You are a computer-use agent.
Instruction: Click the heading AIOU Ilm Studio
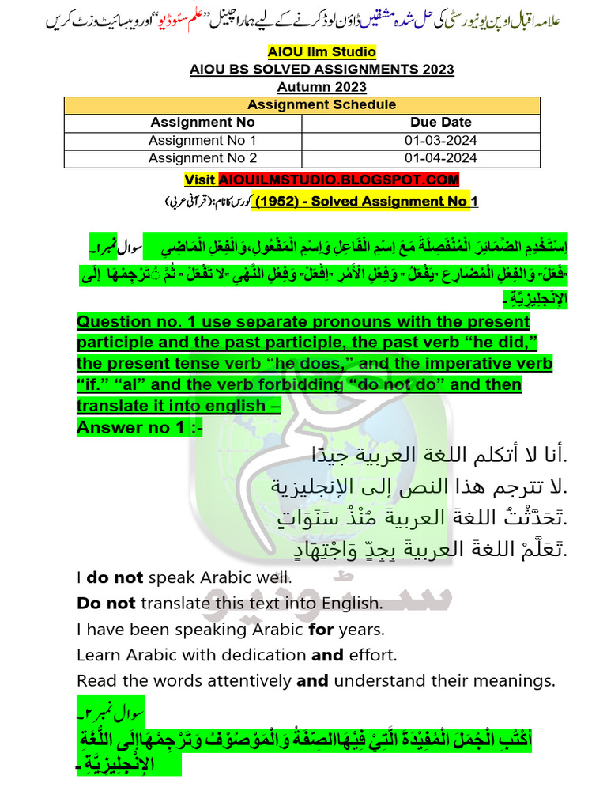pyautogui.click(x=322, y=52)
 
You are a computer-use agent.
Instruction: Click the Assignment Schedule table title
pyautogui.click(x=322, y=104)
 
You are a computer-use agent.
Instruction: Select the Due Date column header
pyautogui.click(x=440, y=122)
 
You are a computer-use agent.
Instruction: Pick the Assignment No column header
pyautogui.click(x=202, y=122)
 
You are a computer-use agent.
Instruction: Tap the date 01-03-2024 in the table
pyautogui.click(x=440, y=140)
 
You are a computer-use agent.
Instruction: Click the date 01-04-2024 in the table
pyautogui.click(x=440, y=158)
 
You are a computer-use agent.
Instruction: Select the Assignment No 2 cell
pyautogui.click(x=202, y=158)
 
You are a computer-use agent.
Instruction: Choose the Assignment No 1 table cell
pyautogui.click(x=202, y=140)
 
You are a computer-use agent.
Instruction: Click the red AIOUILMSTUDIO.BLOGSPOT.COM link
pyautogui.click(x=338, y=180)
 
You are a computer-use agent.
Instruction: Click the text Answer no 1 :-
pyautogui.click(x=139, y=427)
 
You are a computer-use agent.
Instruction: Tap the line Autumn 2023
pyautogui.click(x=322, y=87)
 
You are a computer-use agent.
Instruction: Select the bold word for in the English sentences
pyautogui.click(x=321, y=630)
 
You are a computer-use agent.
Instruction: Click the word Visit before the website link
pyautogui.click(x=200, y=180)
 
